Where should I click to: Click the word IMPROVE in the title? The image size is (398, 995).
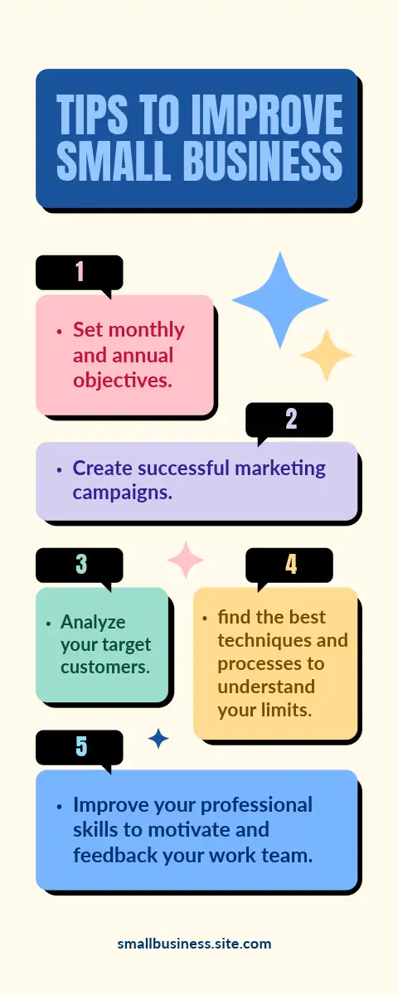[x=267, y=114]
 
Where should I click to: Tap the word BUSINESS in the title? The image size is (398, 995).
[x=263, y=160]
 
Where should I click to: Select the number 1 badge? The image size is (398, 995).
[x=79, y=274]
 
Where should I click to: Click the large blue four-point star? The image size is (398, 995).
[x=280, y=300]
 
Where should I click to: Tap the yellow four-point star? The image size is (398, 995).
[x=327, y=355]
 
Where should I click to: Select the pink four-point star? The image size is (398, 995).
[x=186, y=560]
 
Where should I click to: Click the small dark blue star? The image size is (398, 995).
[x=158, y=739]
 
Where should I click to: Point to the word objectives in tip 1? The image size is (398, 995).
[x=123, y=381]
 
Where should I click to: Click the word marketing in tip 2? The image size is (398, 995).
[x=280, y=469]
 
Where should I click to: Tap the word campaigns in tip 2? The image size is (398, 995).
[x=123, y=493]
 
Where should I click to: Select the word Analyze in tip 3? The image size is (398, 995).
[x=93, y=623]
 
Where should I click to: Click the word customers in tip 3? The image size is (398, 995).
[x=105, y=667]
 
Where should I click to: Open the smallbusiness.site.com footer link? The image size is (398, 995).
[x=194, y=944]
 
